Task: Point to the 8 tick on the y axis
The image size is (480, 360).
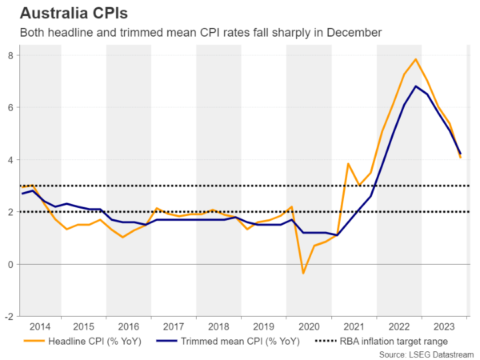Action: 10,55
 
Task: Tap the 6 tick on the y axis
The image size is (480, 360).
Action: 10,107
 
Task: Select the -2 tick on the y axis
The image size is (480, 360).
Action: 8,316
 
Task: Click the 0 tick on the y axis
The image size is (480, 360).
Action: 10,264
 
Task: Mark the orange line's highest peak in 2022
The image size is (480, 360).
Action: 416,59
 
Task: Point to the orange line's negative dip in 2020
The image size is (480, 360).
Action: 303,273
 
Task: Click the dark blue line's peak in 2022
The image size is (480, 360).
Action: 416,86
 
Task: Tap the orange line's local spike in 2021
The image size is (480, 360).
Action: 348,164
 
